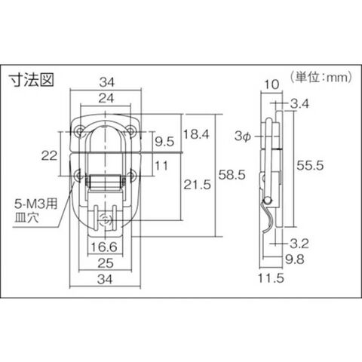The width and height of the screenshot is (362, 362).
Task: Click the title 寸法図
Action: [32, 80]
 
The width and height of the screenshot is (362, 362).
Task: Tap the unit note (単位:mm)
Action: [321, 77]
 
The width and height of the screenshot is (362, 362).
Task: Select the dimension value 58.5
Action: [232, 175]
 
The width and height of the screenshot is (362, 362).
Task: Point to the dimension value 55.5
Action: [310, 165]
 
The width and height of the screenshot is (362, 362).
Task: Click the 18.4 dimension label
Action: [196, 134]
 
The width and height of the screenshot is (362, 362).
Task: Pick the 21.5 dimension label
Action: [197, 185]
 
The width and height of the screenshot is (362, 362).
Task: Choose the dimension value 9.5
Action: [164, 142]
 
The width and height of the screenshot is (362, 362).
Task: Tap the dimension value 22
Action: [49, 155]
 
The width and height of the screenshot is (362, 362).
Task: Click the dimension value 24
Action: [106, 98]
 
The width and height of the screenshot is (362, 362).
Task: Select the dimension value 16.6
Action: [104, 247]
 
